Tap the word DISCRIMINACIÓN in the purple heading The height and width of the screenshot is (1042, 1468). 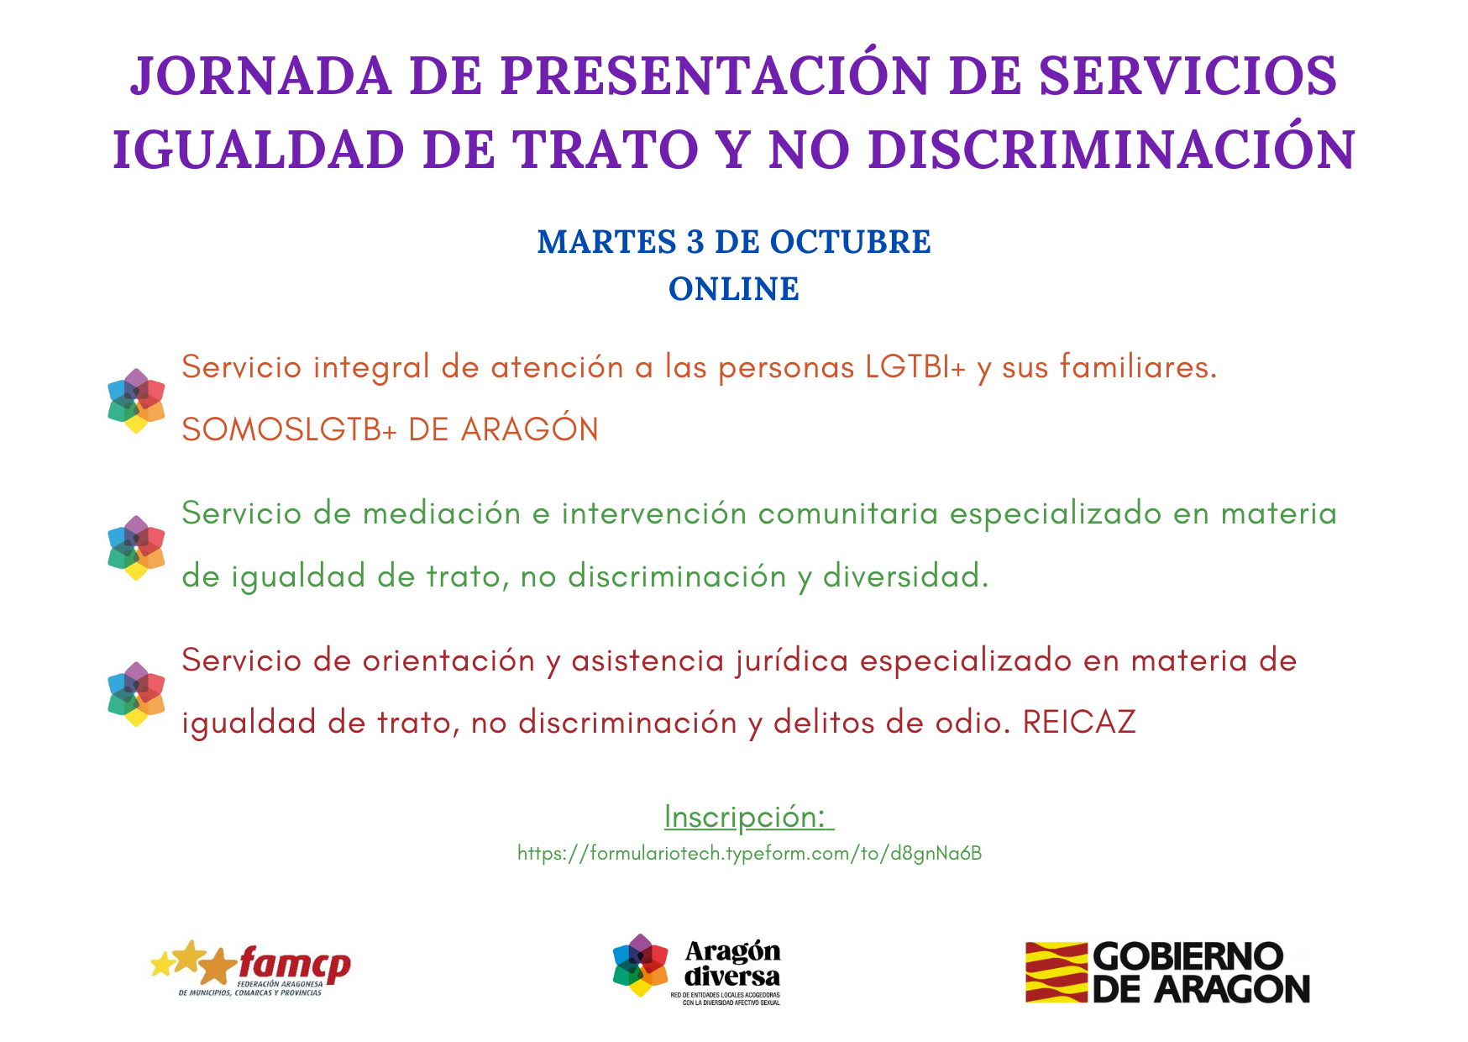[1112, 150]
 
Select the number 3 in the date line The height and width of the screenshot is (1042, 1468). [695, 242]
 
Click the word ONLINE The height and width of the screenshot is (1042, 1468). [734, 289]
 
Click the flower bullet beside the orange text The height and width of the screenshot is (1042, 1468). [136, 401]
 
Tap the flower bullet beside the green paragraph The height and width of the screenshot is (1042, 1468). [136, 548]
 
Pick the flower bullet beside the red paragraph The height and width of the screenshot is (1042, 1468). [136, 694]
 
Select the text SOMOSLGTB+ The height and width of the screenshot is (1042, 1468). [289, 429]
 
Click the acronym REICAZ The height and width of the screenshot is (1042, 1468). [1079, 723]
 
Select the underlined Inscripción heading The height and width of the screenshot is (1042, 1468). [748, 817]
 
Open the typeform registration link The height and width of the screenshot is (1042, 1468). [749, 854]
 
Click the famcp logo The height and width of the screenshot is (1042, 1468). [250, 968]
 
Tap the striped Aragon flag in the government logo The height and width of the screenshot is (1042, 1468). [1056, 972]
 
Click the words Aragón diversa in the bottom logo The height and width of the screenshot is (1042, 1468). [732, 964]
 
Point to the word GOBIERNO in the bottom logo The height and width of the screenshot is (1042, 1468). [1188, 956]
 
